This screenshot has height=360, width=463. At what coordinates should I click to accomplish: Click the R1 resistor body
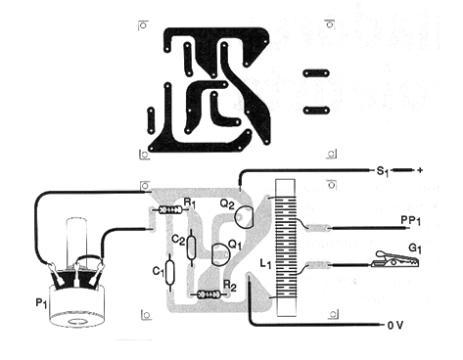[x=170, y=210]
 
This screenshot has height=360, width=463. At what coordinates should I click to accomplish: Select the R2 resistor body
[x=208, y=295]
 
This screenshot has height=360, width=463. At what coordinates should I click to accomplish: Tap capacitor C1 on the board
[x=169, y=273]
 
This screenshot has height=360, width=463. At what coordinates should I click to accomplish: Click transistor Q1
[x=220, y=254]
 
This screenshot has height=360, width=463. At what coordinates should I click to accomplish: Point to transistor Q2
[x=244, y=217]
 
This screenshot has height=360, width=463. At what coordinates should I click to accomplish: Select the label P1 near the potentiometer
[x=41, y=303]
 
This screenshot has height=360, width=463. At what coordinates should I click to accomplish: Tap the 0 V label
[x=395, y=325]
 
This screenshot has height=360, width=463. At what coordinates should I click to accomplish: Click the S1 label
[x=383, y=171]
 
